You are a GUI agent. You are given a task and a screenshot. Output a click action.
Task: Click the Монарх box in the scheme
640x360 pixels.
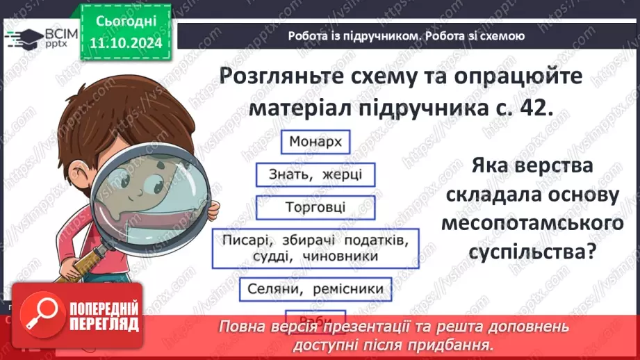click(315, 142)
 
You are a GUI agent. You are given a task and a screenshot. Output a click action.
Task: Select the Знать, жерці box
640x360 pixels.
click(309, 174)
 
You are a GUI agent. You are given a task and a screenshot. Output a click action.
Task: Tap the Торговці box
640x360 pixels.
click(315, 207)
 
